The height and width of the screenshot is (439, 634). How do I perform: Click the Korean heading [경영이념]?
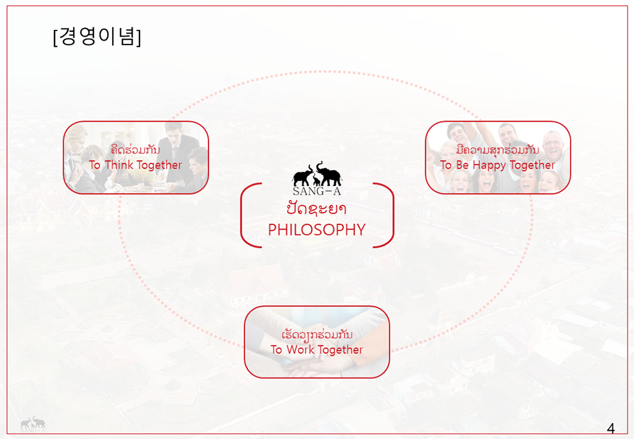(x=97, y=37)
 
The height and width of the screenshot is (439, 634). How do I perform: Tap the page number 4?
(x=611, y=428)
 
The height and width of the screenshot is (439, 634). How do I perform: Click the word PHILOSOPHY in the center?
(x=316, y=230)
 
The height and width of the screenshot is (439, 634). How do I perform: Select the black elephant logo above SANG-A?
(x=318, y=174)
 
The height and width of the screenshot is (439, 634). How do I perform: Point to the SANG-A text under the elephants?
(x=317, y=191)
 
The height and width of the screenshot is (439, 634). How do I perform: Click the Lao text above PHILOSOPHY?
(x=316, y=209)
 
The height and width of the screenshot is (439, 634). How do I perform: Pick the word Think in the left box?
(x=119, y=165)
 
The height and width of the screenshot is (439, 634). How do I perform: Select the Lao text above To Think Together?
(x=136, y=150)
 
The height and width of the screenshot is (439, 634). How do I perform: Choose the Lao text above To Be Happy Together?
(x=498, y=150)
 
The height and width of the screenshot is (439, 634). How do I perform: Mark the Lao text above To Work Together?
(x=317, y=335)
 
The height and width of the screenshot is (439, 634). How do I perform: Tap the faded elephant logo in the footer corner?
(x=33, y=424)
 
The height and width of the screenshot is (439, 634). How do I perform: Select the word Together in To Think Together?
(x=159, y=166)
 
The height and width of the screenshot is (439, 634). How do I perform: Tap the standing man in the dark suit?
(x=175, y=154)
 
